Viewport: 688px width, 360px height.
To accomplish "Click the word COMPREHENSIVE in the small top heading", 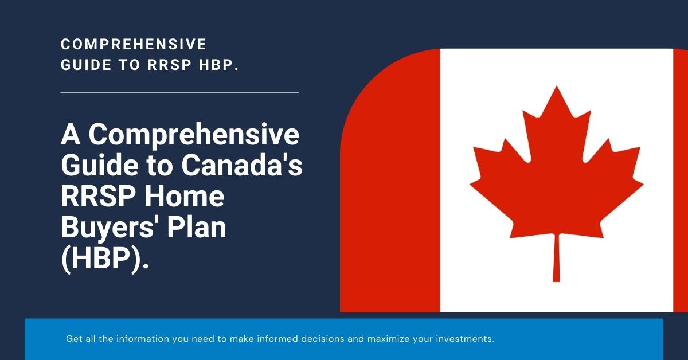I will [134, 44].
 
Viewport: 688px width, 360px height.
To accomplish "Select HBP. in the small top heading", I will [218, 65].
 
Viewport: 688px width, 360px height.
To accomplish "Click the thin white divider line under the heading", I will [179, 92].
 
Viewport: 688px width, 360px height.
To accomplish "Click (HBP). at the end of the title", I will [105, 259].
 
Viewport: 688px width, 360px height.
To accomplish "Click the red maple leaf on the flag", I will [556, 172].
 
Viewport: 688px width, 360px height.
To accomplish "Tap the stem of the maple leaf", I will [556, 258].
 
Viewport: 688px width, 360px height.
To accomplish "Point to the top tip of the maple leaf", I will [556, 88].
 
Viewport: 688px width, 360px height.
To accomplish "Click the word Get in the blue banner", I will [74, 339].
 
